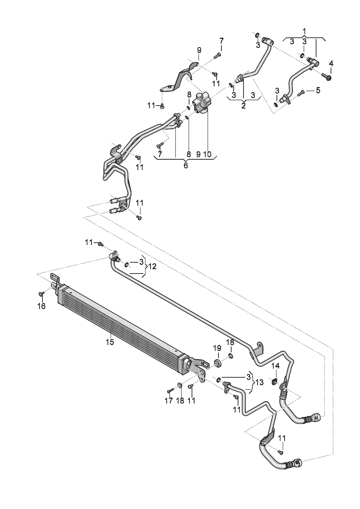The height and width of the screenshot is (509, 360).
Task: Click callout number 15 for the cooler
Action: click(110, 342)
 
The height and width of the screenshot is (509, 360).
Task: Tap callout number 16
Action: click(42, 306)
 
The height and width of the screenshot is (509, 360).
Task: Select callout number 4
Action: click(331, 64)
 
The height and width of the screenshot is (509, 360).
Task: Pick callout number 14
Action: click(275, 366)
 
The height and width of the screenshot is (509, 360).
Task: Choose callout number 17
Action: click(169, 401)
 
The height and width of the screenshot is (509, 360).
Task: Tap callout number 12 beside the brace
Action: click(152, 267)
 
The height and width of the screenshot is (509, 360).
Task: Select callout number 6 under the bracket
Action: click(185, 165)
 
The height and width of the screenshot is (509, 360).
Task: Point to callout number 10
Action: click(207, 154)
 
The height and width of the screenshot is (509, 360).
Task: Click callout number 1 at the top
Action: click(304, 31)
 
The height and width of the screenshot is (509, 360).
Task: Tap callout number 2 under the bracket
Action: click(244, 106)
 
